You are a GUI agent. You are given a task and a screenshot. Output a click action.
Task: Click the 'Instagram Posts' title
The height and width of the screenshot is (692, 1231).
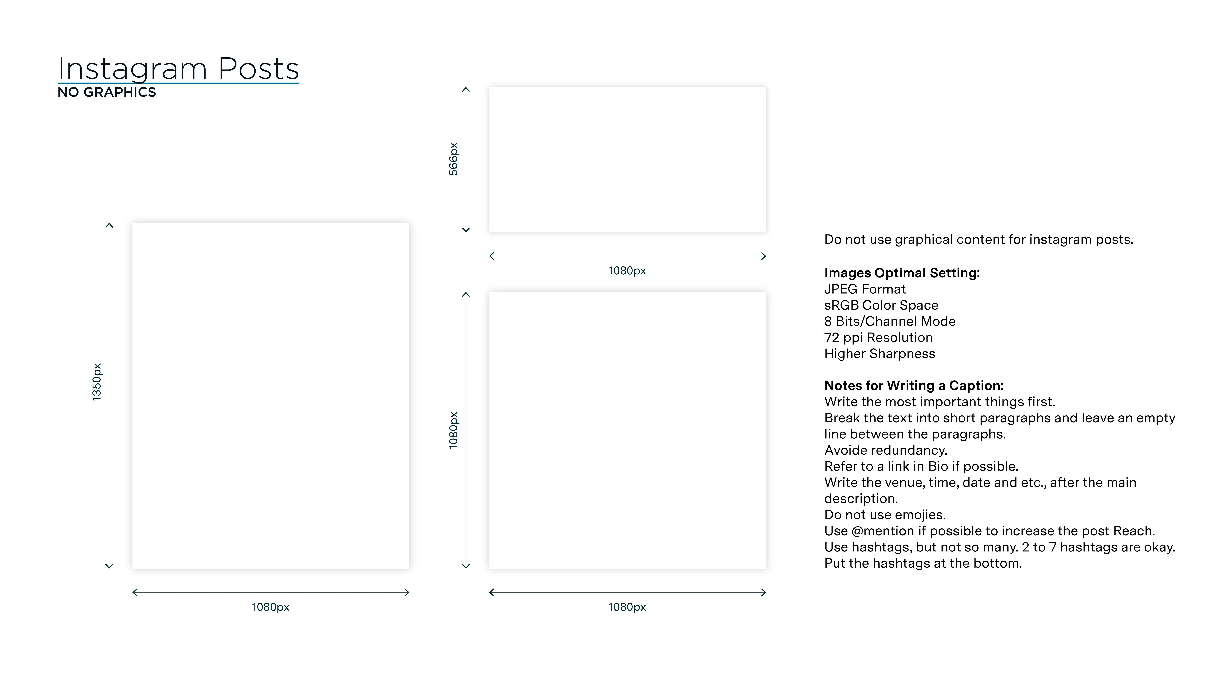(178, 69)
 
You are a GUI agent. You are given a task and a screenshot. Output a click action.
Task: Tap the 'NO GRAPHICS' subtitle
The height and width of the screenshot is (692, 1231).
(107, 92)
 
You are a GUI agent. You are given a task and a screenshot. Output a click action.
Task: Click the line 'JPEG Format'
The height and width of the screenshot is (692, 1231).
(865, 289)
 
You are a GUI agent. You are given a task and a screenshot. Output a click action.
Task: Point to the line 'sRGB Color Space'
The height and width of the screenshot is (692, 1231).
(881, 305)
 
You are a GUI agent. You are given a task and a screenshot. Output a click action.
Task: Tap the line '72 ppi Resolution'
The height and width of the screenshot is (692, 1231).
(878, 338)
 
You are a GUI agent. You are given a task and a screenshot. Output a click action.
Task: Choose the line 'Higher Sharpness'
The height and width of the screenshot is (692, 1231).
(879, 354)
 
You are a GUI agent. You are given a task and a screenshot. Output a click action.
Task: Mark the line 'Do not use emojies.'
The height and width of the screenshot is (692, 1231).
(885, 515)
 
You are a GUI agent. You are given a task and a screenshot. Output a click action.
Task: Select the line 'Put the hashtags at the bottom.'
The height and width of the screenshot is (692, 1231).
(923, 563)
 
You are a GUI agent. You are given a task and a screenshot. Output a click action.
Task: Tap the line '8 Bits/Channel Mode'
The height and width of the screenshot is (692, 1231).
(889, 321)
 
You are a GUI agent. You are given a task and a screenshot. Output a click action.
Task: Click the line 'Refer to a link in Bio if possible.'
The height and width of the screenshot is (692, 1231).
(921, 467)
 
